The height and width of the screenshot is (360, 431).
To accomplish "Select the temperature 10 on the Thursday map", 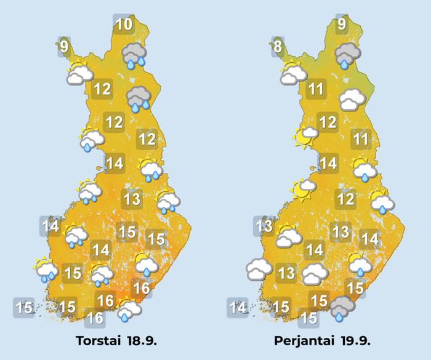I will [x=124, y=25].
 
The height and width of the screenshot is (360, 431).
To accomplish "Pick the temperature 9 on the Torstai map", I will [x=64, y=46].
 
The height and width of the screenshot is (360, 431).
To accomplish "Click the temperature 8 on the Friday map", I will [x=278, y=46].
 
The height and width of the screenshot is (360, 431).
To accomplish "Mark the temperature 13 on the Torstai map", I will [x=132, y=199].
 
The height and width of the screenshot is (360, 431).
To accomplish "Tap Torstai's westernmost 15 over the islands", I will [x=24, y=306].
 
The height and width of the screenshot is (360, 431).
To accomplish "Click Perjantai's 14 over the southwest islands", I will [x=238, y=306].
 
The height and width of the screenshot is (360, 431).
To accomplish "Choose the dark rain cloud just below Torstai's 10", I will [x=135, y=56].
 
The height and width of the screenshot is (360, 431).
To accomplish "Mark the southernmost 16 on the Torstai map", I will [x=94, y=318].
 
